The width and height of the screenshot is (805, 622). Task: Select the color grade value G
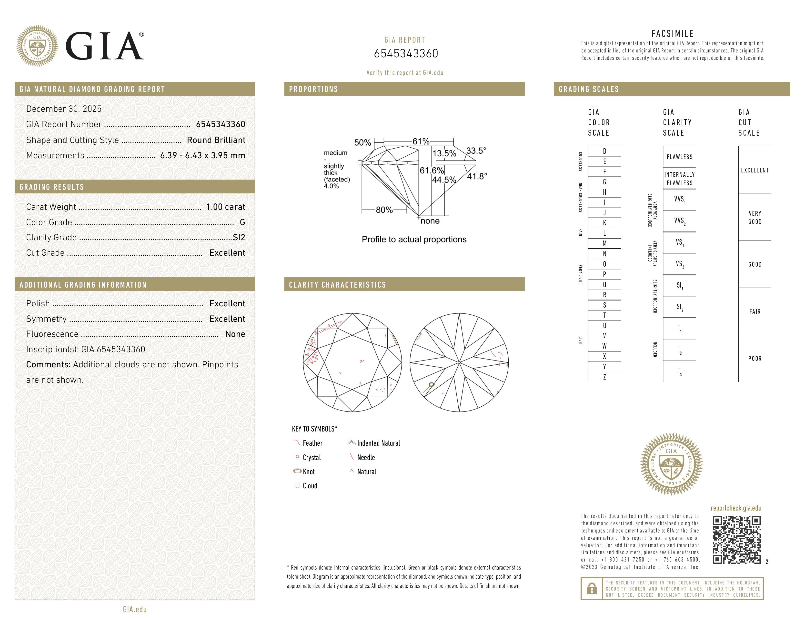242,222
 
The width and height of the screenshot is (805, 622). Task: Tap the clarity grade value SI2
239,237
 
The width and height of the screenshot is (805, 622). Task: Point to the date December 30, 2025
64,109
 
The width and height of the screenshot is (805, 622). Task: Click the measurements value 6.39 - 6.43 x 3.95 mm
202,156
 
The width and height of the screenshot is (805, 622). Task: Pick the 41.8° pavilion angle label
477,177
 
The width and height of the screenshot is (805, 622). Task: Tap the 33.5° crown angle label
476,151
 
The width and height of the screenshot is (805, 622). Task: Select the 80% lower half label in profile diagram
384,210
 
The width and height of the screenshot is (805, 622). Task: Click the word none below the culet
430,221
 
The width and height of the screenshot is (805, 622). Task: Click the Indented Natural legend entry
378,443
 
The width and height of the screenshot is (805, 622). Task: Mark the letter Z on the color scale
604,377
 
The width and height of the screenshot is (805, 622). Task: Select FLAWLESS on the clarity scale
679,157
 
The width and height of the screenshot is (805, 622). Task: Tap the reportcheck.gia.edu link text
736,508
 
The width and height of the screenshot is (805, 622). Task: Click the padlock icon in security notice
592,589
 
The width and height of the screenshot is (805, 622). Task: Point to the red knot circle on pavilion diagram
432,385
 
